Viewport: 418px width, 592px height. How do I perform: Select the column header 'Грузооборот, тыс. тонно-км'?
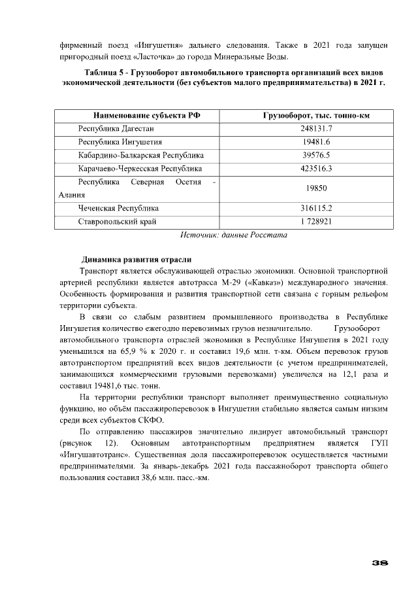tap(317, 115)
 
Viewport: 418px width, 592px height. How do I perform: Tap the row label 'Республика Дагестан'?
tap(116, 128)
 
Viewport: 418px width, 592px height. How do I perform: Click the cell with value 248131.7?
tap(317, 128)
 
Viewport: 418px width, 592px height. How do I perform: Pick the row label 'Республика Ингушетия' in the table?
tap(120, 142)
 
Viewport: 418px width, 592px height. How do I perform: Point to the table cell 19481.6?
tap(317, 142)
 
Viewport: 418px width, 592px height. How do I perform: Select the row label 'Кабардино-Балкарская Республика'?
tap(140, 155)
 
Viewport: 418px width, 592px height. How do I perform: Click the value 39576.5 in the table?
tap(317, 155)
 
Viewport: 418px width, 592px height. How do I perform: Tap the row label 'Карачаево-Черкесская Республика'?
tap(140, 168)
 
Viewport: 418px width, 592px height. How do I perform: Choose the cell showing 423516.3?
tap(317, 168)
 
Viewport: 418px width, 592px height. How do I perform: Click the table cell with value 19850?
tap(317, 188)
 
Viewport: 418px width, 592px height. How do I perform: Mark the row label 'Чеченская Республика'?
tap(118, 208)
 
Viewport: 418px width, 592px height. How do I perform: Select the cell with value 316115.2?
tap(317, 208)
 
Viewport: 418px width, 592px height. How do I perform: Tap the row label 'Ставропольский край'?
tap(117, 221)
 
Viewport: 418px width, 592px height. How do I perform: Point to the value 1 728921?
tap(317, 221)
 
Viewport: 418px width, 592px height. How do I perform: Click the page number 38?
tap(380, 563)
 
